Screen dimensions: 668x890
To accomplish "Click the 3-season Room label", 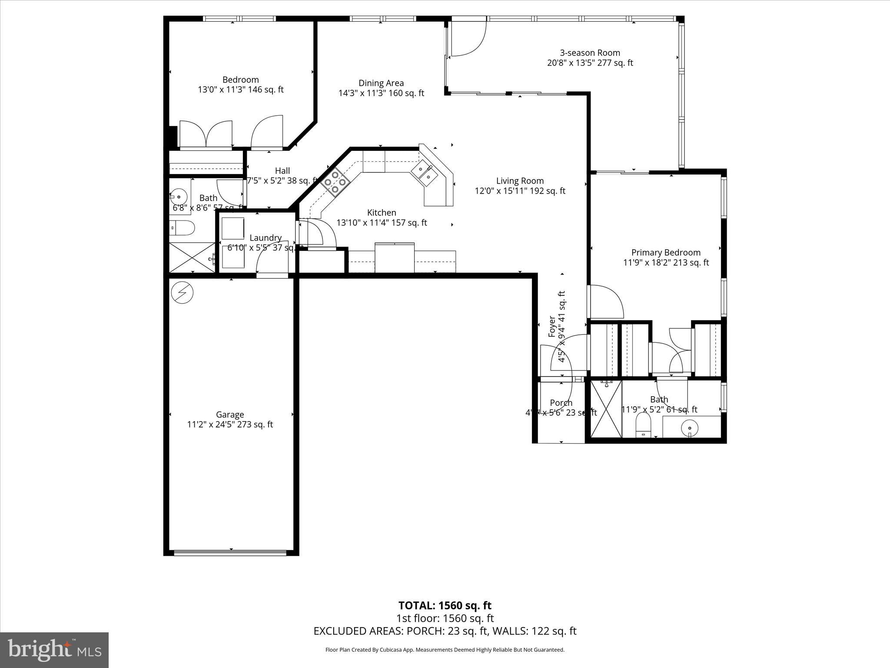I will tap(590, 53).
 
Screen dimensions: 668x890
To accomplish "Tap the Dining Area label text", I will tap(381, 83).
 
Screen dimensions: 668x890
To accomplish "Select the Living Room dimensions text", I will tap(520, 191).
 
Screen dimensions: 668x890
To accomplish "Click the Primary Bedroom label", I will tap(665, 252).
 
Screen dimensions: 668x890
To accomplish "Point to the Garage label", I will tap(230, 414).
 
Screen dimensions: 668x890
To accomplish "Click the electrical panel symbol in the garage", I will tap(182, 293).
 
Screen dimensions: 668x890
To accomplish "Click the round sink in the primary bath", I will tap(690, 428).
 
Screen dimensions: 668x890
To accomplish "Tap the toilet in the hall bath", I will tap(183, 227).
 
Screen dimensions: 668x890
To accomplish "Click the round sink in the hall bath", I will tap(178, 197).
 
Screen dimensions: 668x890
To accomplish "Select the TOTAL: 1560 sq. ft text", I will tap(445, 605).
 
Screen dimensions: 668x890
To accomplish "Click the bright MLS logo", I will tap(54, 650).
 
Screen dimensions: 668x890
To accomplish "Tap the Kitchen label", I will tap(382, 213).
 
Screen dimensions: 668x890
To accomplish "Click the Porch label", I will tap(561, 403).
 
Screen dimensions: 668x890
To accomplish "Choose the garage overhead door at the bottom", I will tap(230, 553).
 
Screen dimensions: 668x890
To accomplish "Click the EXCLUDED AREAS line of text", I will tap(445, 631).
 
